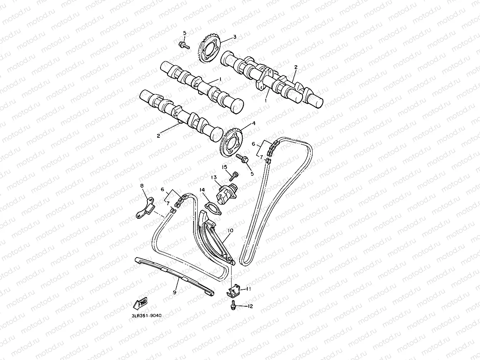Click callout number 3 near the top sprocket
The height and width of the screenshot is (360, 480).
tap(235, 37)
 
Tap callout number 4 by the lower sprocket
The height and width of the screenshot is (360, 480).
tap(253, 124)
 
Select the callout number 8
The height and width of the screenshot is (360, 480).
tap(142, 186)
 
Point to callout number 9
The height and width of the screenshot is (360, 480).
tap(175, 292)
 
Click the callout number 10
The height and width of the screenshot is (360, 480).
tap(230, 231)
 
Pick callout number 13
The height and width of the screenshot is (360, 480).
tap(214, 177)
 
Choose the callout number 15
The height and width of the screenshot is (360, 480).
tap(224, 167)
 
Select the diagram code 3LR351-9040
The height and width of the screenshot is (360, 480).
tap(146, 316)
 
